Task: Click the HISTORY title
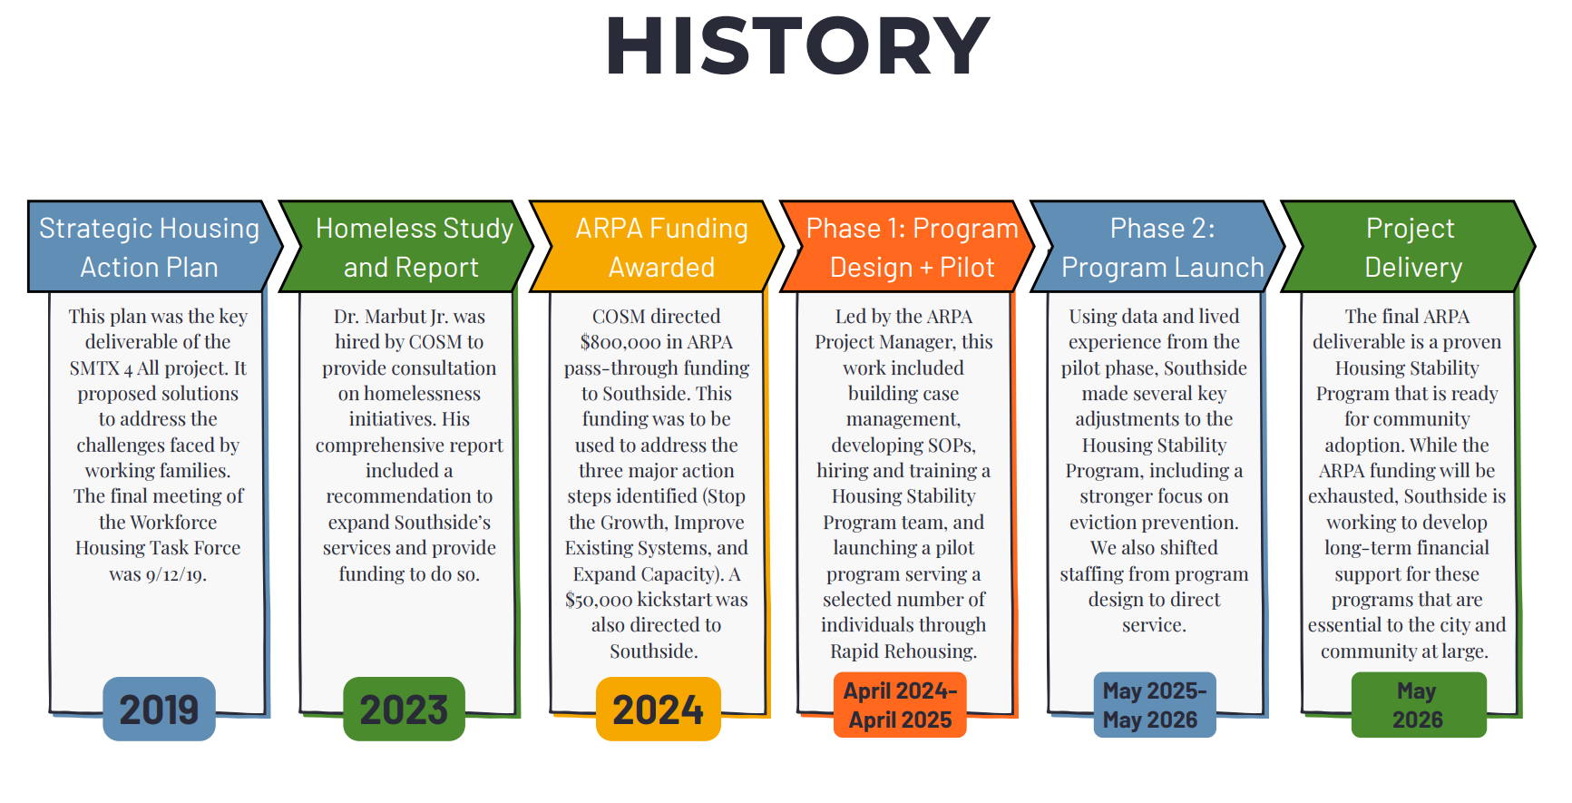pyautogui.click(x=798, y=45)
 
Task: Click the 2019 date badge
pyautogui.click(x=159, y=709)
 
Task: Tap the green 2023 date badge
pyautogui.click(x=404, y=709)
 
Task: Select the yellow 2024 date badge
pyautogui.click(x=658, y=709)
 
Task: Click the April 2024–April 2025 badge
pyautogui.click(x=900, y=705)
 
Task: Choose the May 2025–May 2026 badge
pyautogui.click(x=1154, y=705)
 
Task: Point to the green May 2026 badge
pyautogui.click(x=1419, y=705)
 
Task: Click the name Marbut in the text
pyautogui.click(x=395, y=317)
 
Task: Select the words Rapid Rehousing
pyautogui.click(x=903, y=651)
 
